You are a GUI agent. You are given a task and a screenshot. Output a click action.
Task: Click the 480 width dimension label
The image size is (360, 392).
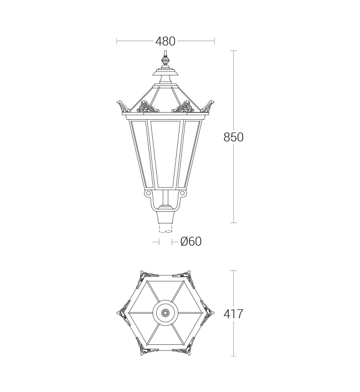coord(165,41)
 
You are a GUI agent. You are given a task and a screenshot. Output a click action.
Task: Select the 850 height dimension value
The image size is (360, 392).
coord(233,138)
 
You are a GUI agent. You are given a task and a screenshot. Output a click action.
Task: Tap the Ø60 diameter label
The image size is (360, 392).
coord(191,242)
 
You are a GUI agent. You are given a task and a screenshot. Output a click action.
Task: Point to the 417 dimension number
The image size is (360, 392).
coord(233,314)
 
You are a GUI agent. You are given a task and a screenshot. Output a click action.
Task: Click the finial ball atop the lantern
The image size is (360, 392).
coord(164,60)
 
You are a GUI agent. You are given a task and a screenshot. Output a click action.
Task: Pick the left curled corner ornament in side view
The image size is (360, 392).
coord(122,106)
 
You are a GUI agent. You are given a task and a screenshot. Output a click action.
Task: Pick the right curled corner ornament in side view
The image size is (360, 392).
coord(208,106)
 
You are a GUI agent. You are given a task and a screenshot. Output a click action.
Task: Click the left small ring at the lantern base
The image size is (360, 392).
coord(148,194)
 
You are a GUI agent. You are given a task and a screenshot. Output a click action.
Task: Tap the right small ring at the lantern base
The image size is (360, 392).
coord(182,194)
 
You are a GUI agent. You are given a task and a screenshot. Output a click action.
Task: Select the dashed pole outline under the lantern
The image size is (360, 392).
coord(165,228)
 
